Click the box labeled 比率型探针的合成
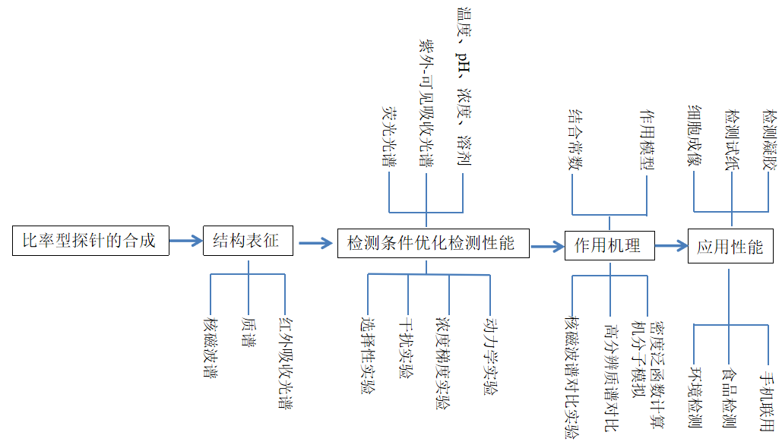pos(90,241)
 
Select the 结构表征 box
pos(247,241)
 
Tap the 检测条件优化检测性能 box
pos(432,243)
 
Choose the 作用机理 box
pos(609,245)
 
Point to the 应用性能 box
pos(730,246)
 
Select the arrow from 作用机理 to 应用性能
pos(671,245)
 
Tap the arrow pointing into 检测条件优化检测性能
pos(316,244)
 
